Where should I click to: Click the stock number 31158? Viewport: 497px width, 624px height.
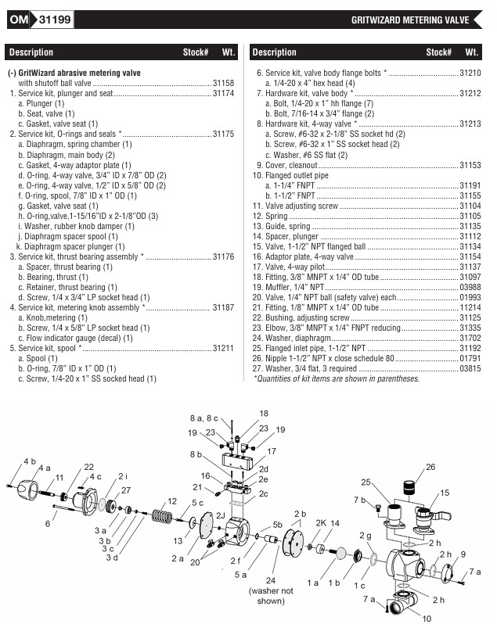point(224,83)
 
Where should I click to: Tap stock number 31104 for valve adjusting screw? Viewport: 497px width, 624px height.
point(470,206)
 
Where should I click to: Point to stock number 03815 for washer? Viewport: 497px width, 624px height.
point(470,368)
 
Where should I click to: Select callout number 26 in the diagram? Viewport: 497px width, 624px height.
point(430,468)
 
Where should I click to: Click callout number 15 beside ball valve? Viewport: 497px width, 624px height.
point(445,493)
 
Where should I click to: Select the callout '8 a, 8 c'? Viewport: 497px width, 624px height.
point(204,419)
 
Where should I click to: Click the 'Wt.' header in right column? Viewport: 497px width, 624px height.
point(471,52)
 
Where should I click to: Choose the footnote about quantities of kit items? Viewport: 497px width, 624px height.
point(336,378)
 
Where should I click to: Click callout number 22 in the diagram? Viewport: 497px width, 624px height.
point(88,467)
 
